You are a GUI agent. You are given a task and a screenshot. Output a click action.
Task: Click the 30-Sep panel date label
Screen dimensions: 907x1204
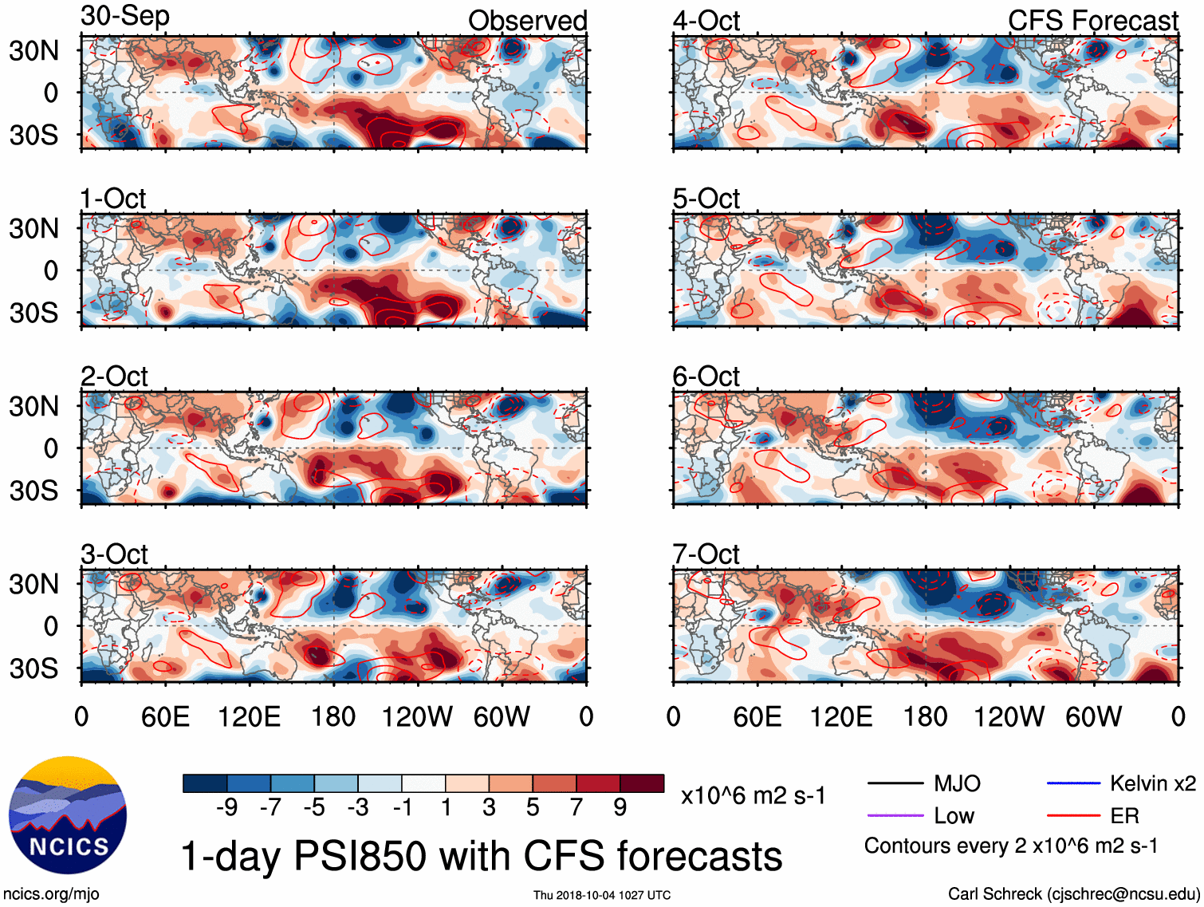(x=125, y=17)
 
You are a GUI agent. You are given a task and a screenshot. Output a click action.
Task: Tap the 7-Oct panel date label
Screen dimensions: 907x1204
(x=706, y=554)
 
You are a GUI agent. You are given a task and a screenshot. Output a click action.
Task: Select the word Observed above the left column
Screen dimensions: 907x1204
(x=527, y=21)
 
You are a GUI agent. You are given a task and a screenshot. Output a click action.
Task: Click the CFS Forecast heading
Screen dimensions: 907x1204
(x=1092, y=21)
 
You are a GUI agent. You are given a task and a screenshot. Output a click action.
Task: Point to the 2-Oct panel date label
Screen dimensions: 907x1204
(x=114, y=376)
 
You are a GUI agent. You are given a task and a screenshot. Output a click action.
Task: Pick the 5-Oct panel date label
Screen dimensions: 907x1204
(x=706, y=198)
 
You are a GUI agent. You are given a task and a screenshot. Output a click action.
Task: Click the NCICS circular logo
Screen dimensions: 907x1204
(x=68, y=814)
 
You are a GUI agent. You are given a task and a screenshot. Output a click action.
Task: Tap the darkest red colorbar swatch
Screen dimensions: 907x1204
(x=642, y=783)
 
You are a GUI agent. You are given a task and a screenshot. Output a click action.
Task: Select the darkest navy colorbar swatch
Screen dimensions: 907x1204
(x=205, y=783)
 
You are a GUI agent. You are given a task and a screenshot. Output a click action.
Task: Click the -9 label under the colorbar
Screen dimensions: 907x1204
(x=226, y=808)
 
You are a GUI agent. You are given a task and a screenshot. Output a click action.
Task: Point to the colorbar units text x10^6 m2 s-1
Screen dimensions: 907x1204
(x=753, y=795)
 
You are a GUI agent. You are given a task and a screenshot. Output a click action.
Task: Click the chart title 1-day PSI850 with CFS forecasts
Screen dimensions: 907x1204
(x=482, y=857)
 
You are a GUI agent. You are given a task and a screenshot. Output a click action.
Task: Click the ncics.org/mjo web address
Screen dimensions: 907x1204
(x=51, y=894)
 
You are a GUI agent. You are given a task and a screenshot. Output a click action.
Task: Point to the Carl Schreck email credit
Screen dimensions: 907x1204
(x=1073, y=894)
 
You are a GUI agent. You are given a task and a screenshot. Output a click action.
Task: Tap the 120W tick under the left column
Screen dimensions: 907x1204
(x=417, y=716)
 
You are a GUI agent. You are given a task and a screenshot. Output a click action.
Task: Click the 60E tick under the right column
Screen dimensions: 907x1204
(x=757, y=716)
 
